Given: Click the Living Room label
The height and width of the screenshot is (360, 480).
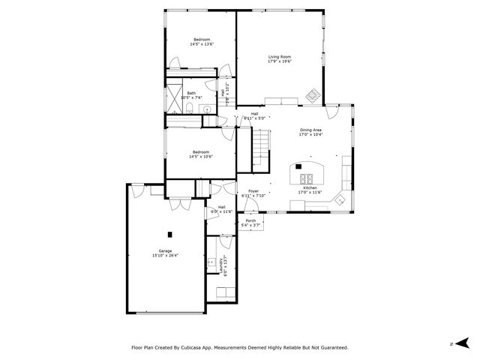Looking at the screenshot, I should click(x=280, y=56).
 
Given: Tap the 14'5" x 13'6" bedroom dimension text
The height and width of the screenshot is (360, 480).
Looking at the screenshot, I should click(x=202, y=45).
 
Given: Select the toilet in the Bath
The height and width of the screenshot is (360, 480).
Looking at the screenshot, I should click(x=191, y=111).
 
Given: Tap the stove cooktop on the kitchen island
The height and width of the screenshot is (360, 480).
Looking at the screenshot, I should click(x=307, y=178).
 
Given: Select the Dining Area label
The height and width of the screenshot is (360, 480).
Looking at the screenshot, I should click(x=311, y=130).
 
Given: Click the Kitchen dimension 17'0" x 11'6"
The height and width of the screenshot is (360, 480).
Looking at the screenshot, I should click(x=310, y=193).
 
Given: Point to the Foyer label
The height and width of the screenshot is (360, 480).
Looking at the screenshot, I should click(x=253, y=191).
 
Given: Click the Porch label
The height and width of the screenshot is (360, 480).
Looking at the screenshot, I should click(x=250, y=220).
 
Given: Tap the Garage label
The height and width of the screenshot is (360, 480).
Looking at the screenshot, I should click(x=165, y=250).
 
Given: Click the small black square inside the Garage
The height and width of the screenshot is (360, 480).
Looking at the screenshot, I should click(x=169, y=233).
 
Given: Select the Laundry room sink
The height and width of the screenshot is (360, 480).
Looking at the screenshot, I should click(x=212, y=262).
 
